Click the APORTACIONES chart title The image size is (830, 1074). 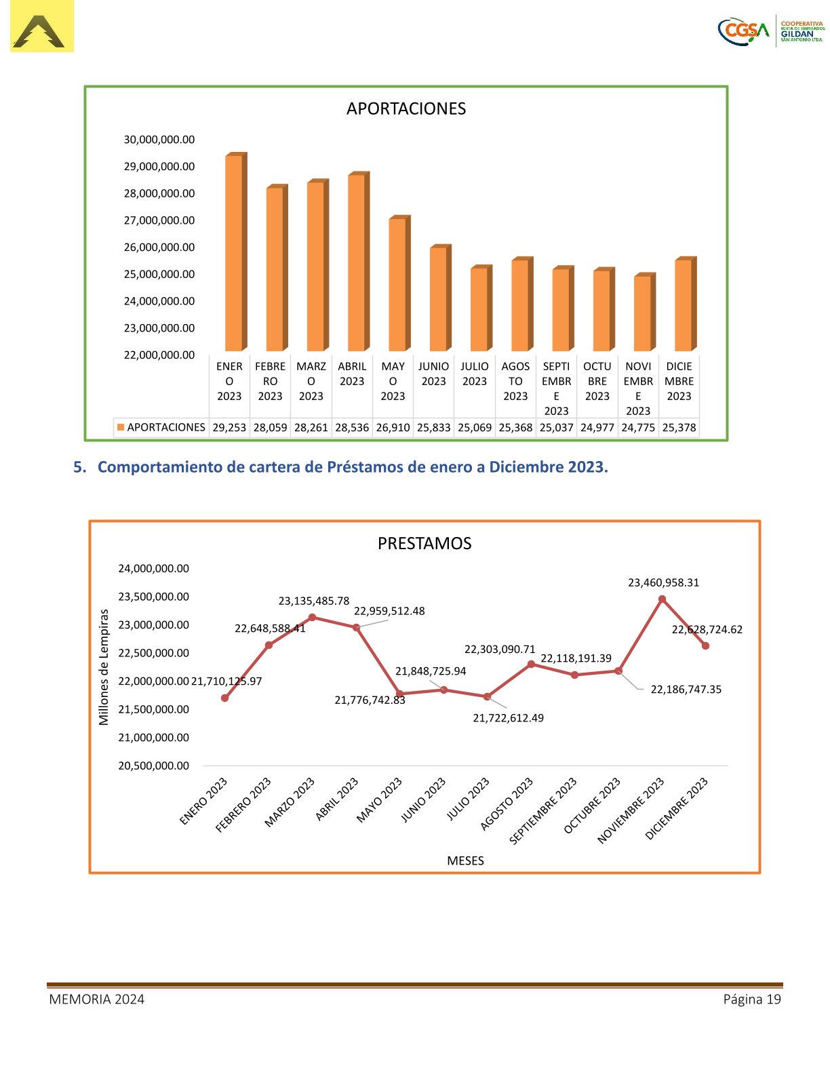(406, 108)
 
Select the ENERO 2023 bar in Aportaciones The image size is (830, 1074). (234, 254)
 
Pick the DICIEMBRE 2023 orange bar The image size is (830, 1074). (684, 305)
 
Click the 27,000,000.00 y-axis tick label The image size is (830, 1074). (159, 220)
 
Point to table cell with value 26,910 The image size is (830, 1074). (393, 428)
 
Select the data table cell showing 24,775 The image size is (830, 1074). (638, 428)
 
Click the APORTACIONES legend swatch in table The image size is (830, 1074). (121, 428)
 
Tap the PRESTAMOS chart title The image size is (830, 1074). (424, 543)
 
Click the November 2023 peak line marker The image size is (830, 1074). (662, 599)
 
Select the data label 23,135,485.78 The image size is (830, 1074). (314, 601)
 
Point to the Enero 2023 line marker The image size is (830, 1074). (224, 698)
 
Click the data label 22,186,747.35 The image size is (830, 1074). (686, 690)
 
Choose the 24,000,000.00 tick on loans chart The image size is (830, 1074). (154, 568)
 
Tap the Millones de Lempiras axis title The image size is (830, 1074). (104, 667)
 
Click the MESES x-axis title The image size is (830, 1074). (465, 860)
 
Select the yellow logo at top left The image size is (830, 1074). (41, 26)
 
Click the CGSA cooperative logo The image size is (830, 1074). (771, 31)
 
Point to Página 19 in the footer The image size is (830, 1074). (751, 999)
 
